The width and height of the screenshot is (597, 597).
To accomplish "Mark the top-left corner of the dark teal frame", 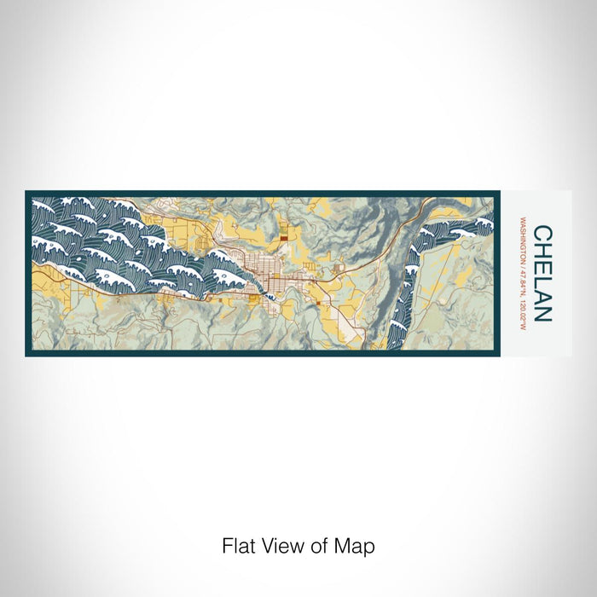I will tap(27, 193).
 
